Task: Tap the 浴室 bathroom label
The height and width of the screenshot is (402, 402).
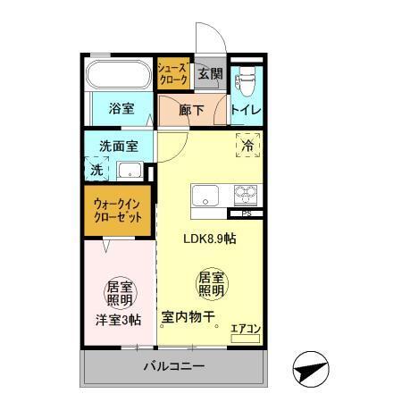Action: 121,109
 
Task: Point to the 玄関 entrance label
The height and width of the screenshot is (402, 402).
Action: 210,74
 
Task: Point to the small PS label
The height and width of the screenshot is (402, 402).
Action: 247,214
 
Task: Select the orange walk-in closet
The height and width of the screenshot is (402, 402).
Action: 118,211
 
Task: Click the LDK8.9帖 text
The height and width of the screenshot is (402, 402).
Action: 210,239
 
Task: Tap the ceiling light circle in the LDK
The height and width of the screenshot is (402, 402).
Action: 211,285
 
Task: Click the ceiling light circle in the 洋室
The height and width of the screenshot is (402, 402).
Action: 119,294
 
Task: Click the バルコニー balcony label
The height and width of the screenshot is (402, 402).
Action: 175,367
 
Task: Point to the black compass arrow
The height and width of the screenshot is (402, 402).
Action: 311,366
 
